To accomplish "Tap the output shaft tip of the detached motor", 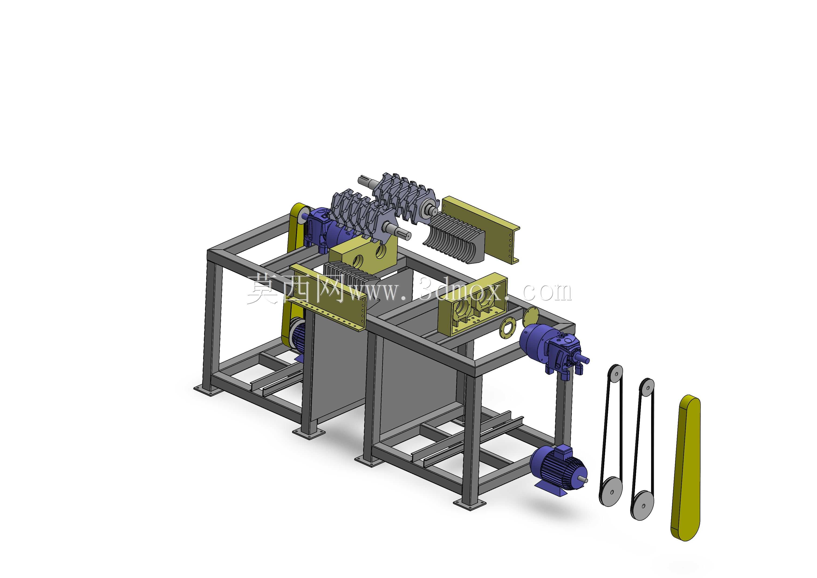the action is pos(585,481).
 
